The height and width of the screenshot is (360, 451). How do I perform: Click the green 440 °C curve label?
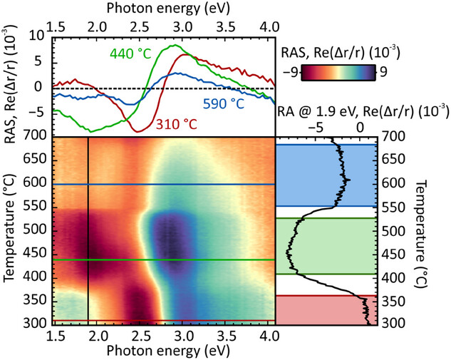pyautogui.click(x=130, y=52)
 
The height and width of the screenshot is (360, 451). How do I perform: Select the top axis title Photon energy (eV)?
pyautogui.click(x=163, y=8)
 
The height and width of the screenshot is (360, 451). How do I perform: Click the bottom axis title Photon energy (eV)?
pyautogui.click(x=163, y=351)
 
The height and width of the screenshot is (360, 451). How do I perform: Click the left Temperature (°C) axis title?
pyautogui.click(x=10, y=230)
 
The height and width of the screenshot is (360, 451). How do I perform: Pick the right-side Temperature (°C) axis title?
pyautogui.click(x=442, y=230)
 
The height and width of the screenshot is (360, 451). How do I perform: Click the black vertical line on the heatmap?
pyautogui.click(x=88, y=228)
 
